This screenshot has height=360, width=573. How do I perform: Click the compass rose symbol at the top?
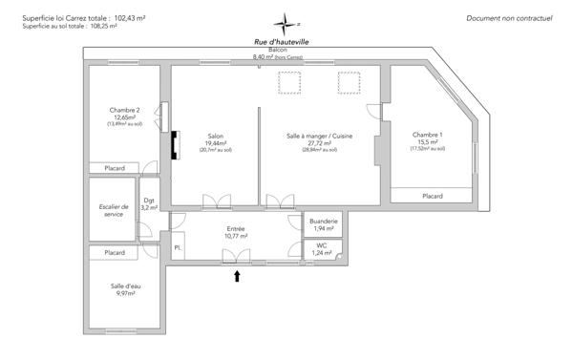point(286,24)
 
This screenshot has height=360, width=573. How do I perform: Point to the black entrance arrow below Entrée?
point(238,277)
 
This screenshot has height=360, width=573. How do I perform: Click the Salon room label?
point(215,136)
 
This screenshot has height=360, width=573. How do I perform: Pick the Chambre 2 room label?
point(124,110)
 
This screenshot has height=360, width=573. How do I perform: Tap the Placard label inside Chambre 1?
point(433,196)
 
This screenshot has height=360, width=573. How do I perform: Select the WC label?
point(323,244)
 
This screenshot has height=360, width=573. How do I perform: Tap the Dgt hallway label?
point(149,200)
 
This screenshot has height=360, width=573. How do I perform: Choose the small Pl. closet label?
point(178,247)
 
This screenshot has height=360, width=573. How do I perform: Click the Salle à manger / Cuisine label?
point(320,137)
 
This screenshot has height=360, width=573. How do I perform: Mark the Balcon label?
point(277,50)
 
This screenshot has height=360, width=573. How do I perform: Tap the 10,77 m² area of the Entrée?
point(236,236)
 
